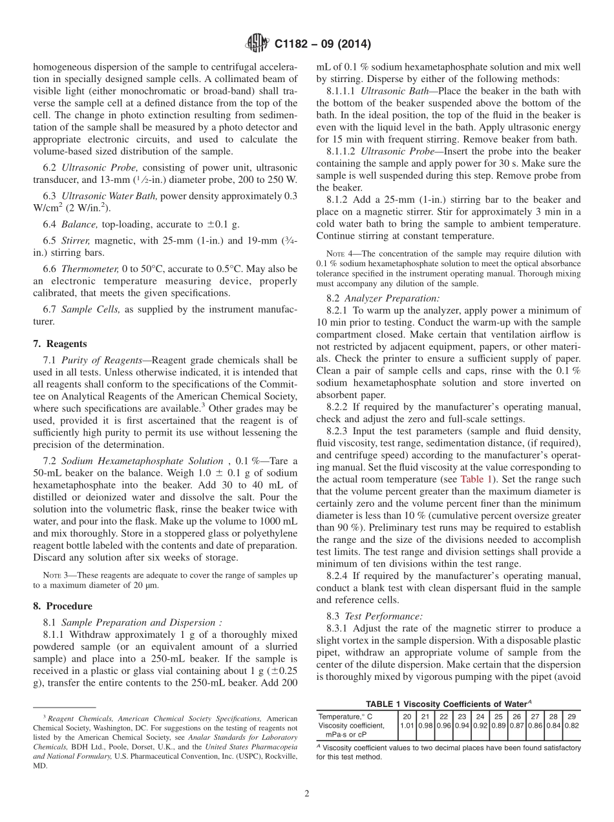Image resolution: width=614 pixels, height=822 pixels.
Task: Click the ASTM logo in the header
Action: coord(257,44)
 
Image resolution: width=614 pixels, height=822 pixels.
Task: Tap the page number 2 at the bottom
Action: coord(307,794)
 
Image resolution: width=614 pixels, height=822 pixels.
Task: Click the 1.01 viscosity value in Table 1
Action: coord(407,726)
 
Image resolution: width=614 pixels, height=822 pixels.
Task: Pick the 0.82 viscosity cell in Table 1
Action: coord(572,726)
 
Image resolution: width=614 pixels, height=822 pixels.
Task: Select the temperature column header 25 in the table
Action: coord(498,716)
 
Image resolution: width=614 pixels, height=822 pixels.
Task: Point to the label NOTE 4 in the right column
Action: coord(340,253)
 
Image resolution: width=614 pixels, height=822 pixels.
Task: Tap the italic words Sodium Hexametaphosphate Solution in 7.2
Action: coord(142,461)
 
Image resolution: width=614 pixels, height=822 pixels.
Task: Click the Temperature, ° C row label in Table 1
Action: coord(345,716)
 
